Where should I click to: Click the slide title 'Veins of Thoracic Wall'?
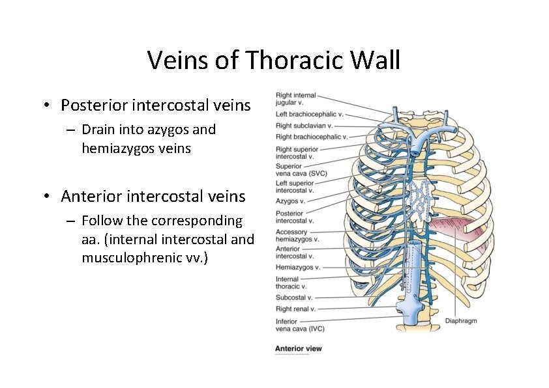click(x=273, y=60)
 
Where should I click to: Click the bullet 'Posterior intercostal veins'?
click(x=155, y=105)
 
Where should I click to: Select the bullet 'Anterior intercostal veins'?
click(x=153, y=196)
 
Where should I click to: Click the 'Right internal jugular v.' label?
click(x=295, y=99)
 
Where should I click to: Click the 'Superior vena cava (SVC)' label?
click(x=301, y=170)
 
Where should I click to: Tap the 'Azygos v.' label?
click(x=290, y=201)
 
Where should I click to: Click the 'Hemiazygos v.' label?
click(x=297, y=268)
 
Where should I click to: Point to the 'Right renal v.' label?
click(x=295, y=309)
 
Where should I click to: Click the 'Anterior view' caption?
click(x=298, y=349)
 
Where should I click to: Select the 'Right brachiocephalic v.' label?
click(x=311, y=137)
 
